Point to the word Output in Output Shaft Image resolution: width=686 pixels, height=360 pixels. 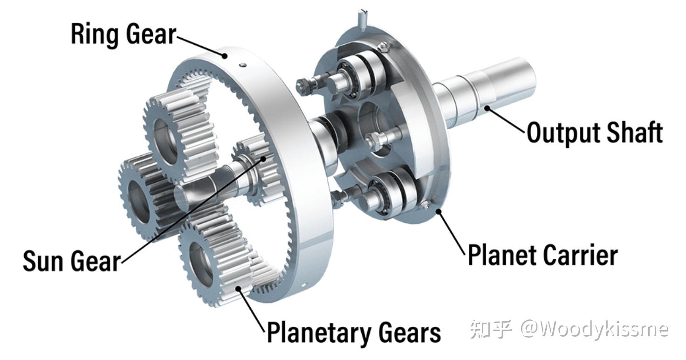tap(563, 132)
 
